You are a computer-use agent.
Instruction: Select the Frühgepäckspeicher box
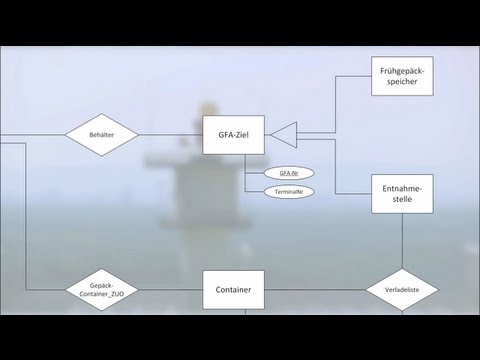(402, 76)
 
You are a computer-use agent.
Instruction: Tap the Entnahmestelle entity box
(402, 192)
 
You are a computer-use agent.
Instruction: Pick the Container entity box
(233, 291)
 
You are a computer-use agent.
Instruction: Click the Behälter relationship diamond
(101, 134)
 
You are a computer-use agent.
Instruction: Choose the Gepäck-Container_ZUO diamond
(101, 291)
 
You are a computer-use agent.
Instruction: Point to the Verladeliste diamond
(402, 291)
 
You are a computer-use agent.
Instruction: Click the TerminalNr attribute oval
(290, 190)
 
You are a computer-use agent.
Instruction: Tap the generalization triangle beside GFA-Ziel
(286, 134)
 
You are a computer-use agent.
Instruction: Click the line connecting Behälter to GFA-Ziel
(170, 134)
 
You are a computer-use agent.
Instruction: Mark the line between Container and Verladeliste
(315, 291)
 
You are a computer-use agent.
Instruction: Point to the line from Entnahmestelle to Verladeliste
(402, 240)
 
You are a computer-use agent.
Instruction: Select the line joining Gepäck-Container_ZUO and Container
(170, 291)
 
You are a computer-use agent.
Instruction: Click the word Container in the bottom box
(233, 291)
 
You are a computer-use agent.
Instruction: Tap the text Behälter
(101, 134)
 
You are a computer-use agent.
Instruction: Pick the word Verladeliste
(402, 291)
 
